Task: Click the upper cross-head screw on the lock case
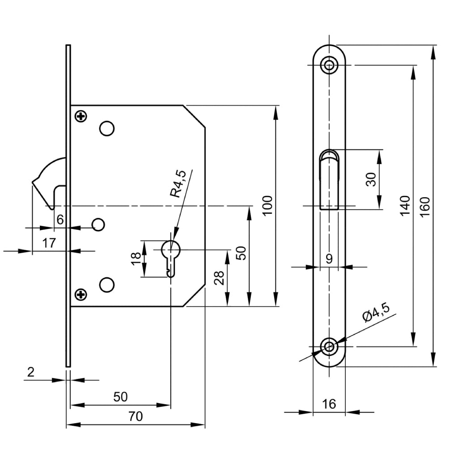[x=81, y=117]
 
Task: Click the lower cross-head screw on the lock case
[x=81, y=294]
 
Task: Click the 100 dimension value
[x=267, y=206]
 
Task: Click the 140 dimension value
[x=405, y=206]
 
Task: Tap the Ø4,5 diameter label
[x=377, y=312]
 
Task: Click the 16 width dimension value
[x=329, y=404]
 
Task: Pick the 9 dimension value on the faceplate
[x=329, y=259]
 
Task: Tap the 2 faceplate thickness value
[x=30, y=373]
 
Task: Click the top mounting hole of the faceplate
[x=330, y=65]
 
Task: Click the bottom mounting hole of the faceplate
[x=330, y=346]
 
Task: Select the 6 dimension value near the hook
[x=60, y=219]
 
